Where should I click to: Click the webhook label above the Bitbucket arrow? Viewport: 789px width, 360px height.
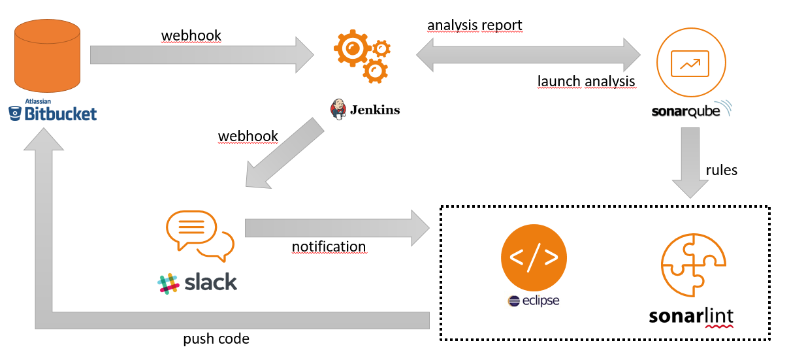(x=191, y=35)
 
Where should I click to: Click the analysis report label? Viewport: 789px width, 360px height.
(x=475, y=25)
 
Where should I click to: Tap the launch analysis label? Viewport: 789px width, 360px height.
(x=586, y=82)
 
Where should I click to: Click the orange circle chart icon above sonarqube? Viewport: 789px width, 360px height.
(x=692, y=63)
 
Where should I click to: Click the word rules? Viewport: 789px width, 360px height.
(x=721, y=170)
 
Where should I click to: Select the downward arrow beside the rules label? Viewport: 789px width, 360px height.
(x=692, y=163)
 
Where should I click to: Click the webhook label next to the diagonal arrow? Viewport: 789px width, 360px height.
(x=248, y=137)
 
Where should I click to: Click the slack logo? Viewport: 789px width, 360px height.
(x=197, y=282)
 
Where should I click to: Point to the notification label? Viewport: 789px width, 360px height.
(x=329, y=246)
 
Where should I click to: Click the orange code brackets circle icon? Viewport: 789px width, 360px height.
(x=534, y=257)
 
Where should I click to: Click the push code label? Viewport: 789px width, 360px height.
(x=216, y=339)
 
